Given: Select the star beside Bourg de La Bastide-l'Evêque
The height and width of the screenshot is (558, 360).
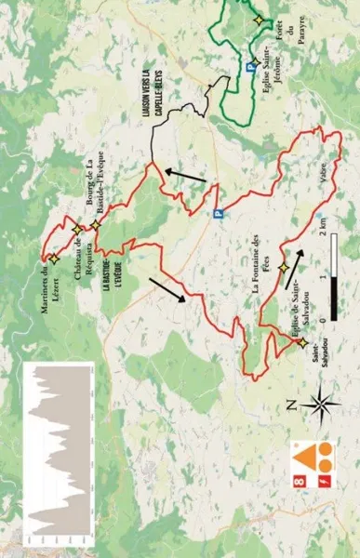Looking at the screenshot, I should point(95,225).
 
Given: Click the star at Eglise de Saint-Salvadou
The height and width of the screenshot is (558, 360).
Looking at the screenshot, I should point(302,342).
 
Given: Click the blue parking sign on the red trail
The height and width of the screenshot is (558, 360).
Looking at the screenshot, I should point(220,213).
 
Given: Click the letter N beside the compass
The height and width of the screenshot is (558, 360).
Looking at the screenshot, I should point(291,405).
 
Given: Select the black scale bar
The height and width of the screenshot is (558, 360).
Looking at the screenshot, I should point(333,275).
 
